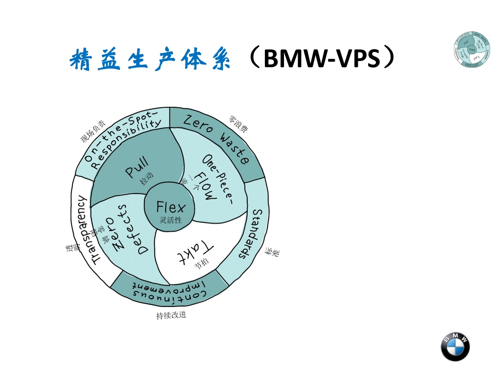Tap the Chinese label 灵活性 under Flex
(x=171, y=220)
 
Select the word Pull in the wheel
(x=137, y=167)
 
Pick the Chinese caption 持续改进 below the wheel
(x=171, y=315)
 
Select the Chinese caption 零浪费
(x=238, y=123)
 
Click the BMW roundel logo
(x=455, y=347)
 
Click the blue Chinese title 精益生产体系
(x=150, y=59)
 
